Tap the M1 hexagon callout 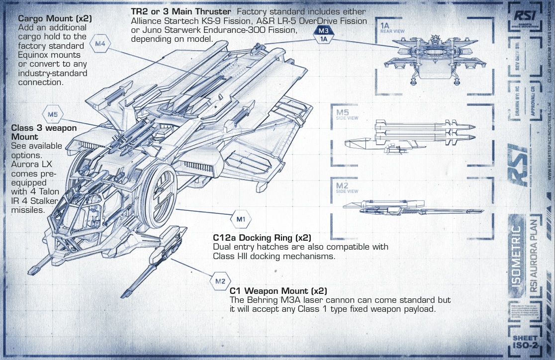(241, 219)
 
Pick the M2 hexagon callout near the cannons (220, 281)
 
